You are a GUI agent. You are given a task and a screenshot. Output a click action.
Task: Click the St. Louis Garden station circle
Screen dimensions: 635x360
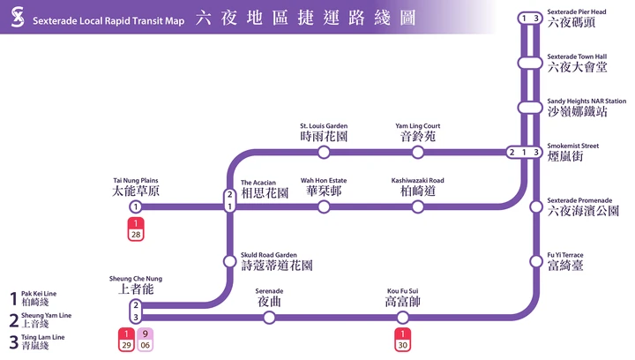(x=324, y=153)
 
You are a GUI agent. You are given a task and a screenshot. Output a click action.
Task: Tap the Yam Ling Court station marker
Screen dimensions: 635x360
(x=417, y=153)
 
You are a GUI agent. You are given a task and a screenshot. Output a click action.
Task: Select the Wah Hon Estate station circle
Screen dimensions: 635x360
(x=324, y=207)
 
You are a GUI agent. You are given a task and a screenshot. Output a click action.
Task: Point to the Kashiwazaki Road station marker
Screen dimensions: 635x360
(x=417, y=207)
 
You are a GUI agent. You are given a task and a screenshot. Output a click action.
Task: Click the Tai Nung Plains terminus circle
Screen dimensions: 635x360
(x=136, y=207)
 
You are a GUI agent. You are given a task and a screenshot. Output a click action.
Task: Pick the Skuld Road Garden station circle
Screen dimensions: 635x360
(x=229, y=261)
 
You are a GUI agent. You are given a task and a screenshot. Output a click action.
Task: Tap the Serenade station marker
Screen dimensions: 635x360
(x=269, y=318)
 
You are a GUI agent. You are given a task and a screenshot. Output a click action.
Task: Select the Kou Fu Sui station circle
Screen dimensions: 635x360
(x=402, y=318)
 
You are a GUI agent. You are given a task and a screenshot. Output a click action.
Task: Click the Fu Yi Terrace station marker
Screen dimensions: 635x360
(x=536, y=261)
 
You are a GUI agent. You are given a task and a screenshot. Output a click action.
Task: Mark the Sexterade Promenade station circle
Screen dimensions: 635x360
(x=536, y=207)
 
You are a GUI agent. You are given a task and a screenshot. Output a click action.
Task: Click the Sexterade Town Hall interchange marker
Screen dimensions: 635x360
(x=530, y=64)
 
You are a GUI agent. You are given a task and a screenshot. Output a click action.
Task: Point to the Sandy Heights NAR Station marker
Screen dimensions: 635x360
(x=530, y=108)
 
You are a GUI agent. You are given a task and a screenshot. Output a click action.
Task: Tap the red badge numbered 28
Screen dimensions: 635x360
(x=136, y=229)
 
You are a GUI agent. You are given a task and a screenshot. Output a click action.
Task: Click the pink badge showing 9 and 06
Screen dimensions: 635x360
(x=145, y=340)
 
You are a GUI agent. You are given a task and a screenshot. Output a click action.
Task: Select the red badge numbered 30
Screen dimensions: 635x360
(x=402, y=340)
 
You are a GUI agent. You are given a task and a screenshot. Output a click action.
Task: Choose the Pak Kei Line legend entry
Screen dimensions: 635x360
(x=34, y=298)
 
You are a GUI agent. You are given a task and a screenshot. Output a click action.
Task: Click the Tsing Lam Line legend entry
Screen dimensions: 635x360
(x=37, y=341)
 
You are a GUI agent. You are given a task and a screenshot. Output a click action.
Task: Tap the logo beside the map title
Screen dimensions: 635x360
(x=18, y=17)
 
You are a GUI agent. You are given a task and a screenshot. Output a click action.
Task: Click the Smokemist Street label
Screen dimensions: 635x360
(x=572, y=153)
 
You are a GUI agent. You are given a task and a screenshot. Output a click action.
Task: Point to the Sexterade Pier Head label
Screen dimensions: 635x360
(x=577, y=19)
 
